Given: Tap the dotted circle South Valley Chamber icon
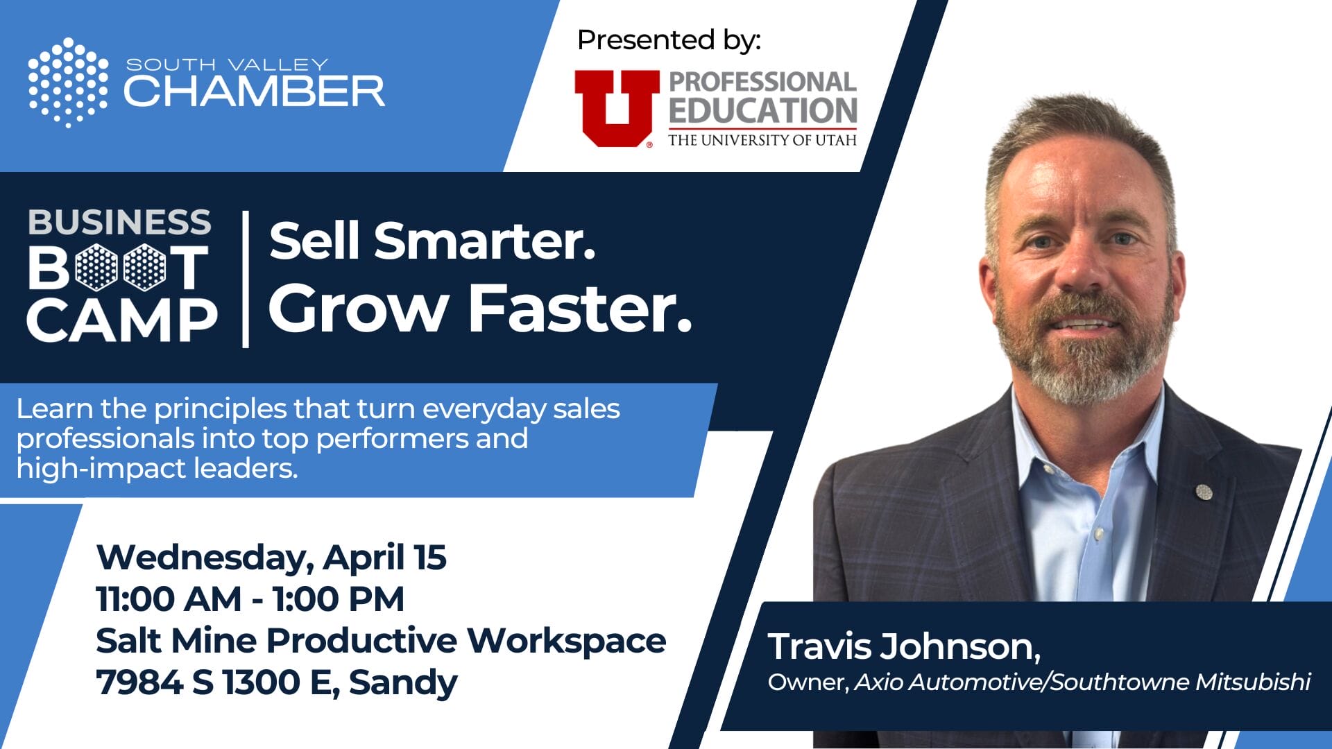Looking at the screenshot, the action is pos(68,83).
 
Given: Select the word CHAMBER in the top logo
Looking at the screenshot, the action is pos(254,91).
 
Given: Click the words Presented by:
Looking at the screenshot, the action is pos(669,40).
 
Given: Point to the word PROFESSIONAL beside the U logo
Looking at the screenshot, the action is pos(762,82).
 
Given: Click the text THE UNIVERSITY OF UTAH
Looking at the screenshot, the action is pos(762,140).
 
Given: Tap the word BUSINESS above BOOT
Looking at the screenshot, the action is pos(119,222).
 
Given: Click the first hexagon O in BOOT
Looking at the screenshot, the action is pos(96,267).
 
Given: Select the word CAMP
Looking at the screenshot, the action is pos(122,320).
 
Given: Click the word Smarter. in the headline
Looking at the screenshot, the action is pos(485,241).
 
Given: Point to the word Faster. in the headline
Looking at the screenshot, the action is pos(581,308).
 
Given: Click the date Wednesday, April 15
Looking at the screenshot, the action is pos(271,558).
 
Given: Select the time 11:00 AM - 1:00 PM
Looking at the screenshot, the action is pos(250,599).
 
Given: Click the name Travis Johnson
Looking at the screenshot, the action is pos(904,646).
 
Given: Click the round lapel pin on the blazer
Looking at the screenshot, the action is pos(1204,491).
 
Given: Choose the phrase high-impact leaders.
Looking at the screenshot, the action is pos(157,468).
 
